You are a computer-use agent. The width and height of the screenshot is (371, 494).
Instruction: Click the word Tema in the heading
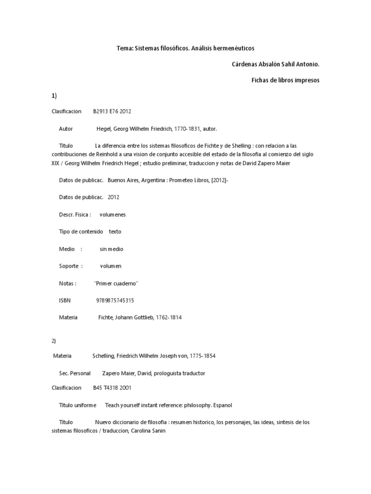pyautogui.click(x=124, y=48)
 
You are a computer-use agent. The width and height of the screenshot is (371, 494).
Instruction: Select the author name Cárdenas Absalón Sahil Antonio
pyautogui.click(x=276, y=64)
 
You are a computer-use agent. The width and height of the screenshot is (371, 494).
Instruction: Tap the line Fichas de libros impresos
pyautogui.click(x=285, y=80)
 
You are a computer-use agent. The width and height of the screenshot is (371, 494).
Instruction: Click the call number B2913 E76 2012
pyautogui.click(x=112, y=111)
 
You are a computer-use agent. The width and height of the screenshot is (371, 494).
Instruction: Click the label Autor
pyautogui.click(x=66, y=129)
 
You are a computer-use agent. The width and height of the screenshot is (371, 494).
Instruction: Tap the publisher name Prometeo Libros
pyautogui.click(x=185, y=180)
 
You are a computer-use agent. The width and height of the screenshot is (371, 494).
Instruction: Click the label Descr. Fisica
pyautogui.click(x=75, y=214)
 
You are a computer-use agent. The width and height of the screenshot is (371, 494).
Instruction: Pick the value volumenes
pyautogui.click(x=113, y=214)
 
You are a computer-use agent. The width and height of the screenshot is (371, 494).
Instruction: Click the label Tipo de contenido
pyautogui.click(x=81, y=232)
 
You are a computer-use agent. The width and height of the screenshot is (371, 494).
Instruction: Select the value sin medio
pyautogui.click(x=112, y=249)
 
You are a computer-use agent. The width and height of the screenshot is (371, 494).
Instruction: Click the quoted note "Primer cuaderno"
pyautogui.click(x=117, y=283)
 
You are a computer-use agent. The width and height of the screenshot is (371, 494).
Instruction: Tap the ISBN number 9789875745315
pyautogui.click(x=115, y=301)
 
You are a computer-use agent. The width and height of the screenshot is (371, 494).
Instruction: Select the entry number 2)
pyautogui.click(x=54, y=341)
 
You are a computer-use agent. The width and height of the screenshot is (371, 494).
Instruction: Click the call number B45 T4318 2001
pyautogui.click(x=112, y=387)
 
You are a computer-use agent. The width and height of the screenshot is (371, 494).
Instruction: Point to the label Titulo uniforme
pyautogui.click(x=77, y=405)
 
